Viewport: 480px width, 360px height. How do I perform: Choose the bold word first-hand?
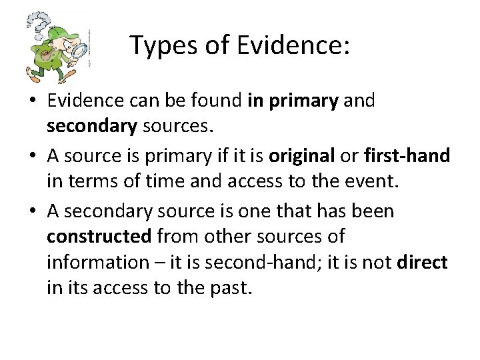tap(407, 156)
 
